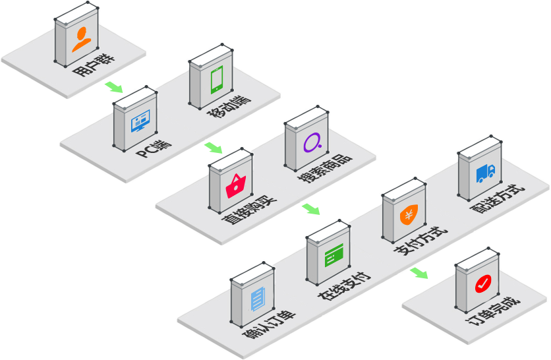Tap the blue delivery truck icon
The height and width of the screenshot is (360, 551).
tap(485, 173)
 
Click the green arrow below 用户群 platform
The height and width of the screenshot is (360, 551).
tap(113, 86)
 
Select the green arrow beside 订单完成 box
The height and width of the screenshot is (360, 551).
tap(419, 272)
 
